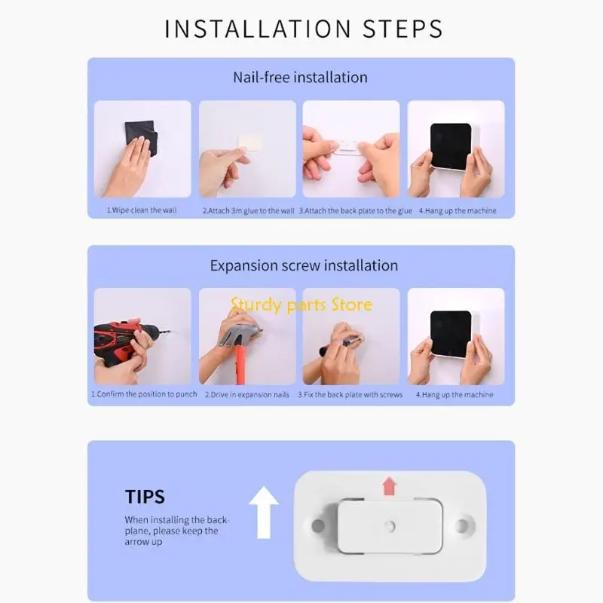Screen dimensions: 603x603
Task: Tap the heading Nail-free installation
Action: click(300, 77)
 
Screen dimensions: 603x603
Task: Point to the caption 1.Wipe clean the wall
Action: click(142, 210)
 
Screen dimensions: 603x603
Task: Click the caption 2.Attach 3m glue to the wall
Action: click(248, 210)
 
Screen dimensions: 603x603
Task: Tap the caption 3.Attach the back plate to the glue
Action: click(356, 210)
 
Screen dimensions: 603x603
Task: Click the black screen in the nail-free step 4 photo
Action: click(451, 145)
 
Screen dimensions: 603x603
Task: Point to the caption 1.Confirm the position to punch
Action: click(144, 394)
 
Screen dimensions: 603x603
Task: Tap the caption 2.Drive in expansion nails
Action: click(246, 394)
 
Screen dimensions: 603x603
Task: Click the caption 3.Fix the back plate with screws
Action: click(350, 394)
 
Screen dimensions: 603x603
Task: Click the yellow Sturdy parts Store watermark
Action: click(301, 305)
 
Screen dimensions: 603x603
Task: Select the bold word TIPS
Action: click(145, 497)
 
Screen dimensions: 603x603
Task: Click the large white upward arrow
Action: click(263, 512)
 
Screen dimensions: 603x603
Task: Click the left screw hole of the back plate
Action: click(317, 522)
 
